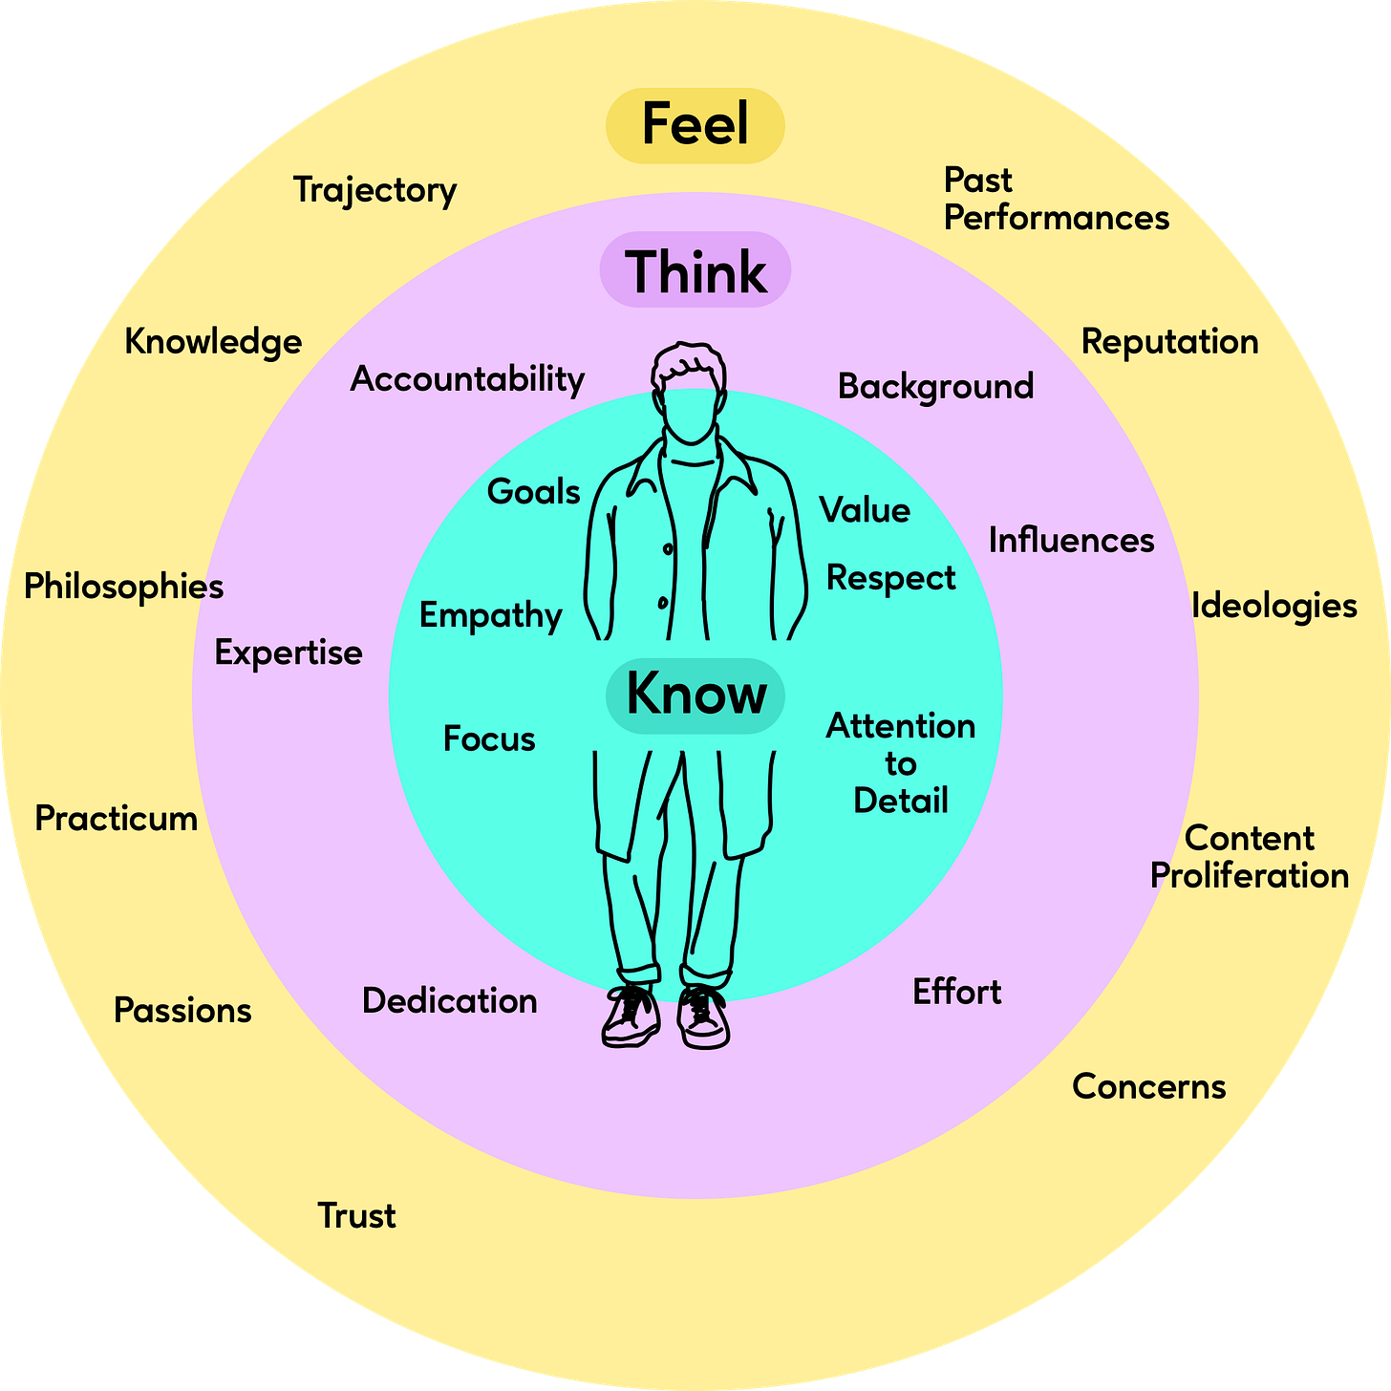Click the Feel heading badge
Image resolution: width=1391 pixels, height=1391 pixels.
[x=695, y=125]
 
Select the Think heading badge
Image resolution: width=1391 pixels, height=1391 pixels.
[x=695, y=270]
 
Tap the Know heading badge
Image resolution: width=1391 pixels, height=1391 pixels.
[x=695, y=695]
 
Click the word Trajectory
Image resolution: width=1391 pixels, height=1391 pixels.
[x=374, y=190]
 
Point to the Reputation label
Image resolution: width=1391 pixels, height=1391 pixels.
[x=1169, y=342]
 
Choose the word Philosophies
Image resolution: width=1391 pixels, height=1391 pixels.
[x=124, y=587]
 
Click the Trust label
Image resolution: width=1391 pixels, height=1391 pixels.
[x=356, y=1216]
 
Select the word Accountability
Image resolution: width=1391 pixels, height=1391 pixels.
[x=467, y=379]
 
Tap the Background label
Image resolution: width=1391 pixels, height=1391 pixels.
[x=935, y=386]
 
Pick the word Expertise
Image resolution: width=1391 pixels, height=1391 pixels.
[x=289, y=653]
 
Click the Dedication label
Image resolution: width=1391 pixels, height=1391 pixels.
[x=449, y=1001]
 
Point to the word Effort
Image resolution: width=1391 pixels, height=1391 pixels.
[x=956, y=992]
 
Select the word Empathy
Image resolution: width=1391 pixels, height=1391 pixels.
[x=491, y=616]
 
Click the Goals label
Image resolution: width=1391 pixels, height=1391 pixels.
[x=533, y=492]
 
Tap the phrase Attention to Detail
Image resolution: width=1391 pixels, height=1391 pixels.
[x=900, y=763]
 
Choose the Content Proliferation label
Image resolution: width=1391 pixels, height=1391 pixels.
[x=1249, y=857]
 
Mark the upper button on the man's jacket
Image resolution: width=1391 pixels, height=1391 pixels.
[x=668, y=549]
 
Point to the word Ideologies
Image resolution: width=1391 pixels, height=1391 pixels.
[x=1273, y=606]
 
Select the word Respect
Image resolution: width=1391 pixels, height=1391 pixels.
[x=890, y=578]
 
